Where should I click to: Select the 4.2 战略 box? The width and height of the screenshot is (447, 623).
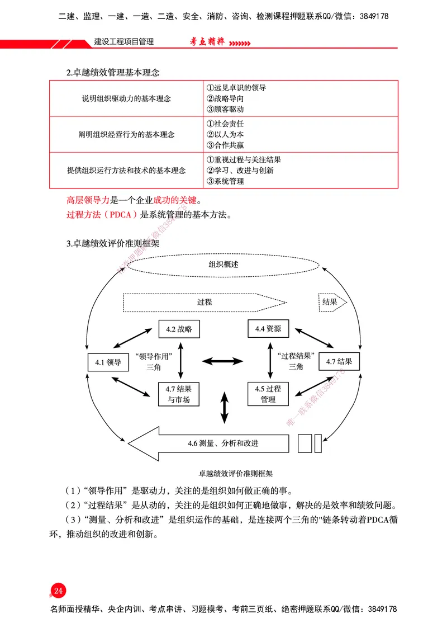(x=179, y=329)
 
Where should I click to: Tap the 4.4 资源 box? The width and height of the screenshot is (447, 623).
(x=268, y=328)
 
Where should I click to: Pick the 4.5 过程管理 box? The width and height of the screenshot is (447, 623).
(x=268, y=394)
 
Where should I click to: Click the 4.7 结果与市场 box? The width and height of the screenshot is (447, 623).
(x=179, y=394)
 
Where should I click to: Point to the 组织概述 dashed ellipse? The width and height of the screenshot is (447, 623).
(x=223, y=265)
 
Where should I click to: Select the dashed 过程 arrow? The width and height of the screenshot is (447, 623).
(x=205, y=302)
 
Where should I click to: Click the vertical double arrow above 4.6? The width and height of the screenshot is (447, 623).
(x=225, y=408)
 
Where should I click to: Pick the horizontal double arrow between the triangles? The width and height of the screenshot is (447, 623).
(x=223, y=362)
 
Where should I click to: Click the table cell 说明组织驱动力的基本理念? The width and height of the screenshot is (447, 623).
(x=126, y=98)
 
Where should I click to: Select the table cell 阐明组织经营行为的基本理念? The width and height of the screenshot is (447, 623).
(x=126, y=134)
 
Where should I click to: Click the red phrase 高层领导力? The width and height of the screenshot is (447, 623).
(x=88, y=200)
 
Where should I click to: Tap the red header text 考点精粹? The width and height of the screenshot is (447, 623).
(x=205, y=42)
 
